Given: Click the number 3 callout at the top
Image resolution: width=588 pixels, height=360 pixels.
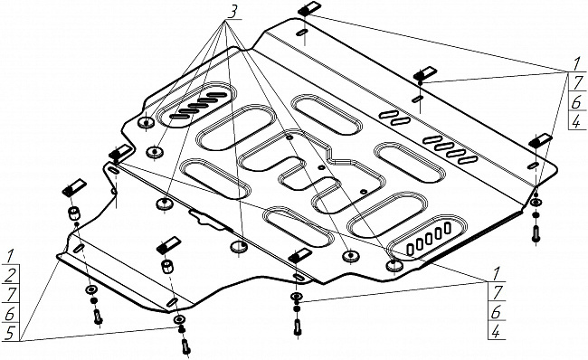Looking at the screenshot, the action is [x=232, y=12].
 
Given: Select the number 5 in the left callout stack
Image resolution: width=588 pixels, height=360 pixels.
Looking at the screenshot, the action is [x=10, y=332].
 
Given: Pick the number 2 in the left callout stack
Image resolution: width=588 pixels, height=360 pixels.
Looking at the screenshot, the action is [x=10, y=276].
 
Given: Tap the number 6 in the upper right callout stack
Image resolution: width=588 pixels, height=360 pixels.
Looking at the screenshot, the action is [x=576, y=101].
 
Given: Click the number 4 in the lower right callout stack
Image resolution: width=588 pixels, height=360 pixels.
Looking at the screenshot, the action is [x=496, y=331].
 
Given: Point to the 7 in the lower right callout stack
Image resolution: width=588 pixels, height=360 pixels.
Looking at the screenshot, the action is [x=498, y=292].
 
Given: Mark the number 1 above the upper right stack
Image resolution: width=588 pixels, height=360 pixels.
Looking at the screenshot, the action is [x=576, y=64].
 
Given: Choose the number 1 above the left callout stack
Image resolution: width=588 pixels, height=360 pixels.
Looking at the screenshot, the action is [x=10, y=256].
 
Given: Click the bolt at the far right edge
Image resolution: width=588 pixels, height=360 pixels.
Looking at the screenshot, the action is [x=536, y=233].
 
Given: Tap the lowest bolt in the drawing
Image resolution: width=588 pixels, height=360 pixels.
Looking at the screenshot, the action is [x=185, y=346].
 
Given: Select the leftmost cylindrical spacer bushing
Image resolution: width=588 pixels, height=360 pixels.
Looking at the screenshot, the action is [x=74, y=213].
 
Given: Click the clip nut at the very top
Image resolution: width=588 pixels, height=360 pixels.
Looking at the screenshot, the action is [x=309, y=8].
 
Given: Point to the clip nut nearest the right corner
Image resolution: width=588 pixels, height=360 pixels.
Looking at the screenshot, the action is [x=540, y=139].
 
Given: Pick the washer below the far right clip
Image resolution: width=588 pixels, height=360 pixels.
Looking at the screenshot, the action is [x=536, y=203].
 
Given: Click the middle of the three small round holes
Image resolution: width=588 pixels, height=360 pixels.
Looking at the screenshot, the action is [x=320, y=167].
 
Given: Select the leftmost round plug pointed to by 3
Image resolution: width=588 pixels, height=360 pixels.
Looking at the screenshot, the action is [x=147, y=122].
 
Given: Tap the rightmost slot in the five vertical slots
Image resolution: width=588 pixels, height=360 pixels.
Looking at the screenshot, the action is [x=448, y=227].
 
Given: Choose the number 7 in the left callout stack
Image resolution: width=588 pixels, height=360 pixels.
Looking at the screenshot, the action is [x=10, y=294].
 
